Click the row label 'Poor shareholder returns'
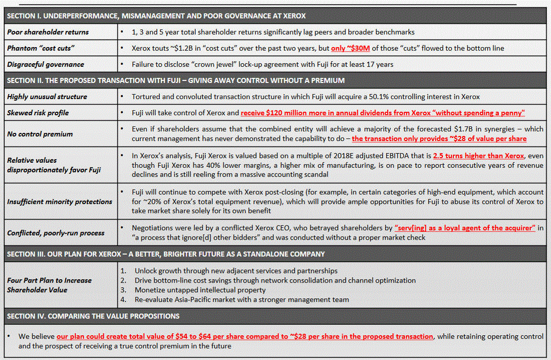pos(48,32)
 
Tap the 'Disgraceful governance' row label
pos(45,64)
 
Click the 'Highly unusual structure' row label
pos(47,97)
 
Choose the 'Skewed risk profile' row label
pos(38,112)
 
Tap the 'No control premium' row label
pos(40,134)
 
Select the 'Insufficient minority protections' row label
pos(60,201)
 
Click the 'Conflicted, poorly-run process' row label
pos(56,233)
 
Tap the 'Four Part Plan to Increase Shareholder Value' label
pos(50,285)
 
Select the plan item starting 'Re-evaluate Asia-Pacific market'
pos(242,299)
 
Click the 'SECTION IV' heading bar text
pos(93,316)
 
